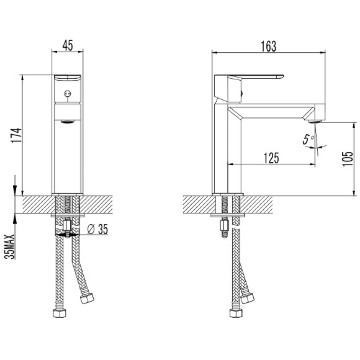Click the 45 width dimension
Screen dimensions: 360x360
tap(68, 45)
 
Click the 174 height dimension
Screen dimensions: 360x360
tap(17, 135)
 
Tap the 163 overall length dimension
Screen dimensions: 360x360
tap(269, 47)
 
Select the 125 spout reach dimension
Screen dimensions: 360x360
tap(271, 158)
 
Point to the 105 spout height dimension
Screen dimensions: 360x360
tap(348, 159)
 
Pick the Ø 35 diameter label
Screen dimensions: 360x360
tap(98, 229)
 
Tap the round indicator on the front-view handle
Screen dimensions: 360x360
tap(67, 94)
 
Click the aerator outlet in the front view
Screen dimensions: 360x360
tap(68, 122)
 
